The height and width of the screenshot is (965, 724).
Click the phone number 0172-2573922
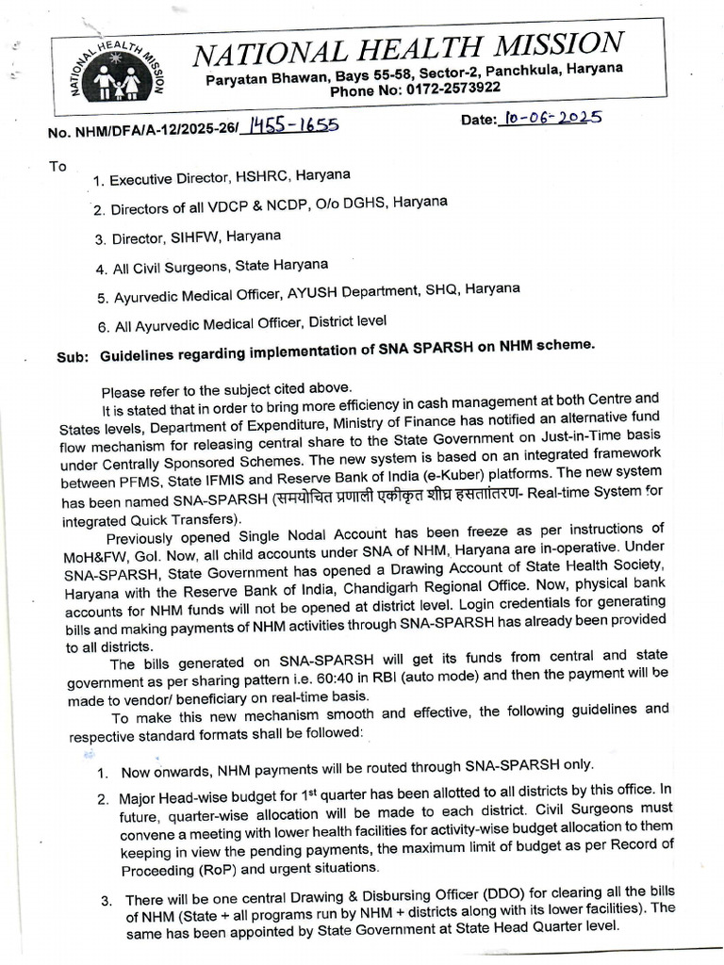pyautogui.click(x=455, y=89)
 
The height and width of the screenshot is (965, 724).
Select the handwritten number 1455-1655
pyautogui.click(x=289, y=126)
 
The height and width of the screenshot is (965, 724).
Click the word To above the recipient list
pyautogui.click(x=58, y=166)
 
